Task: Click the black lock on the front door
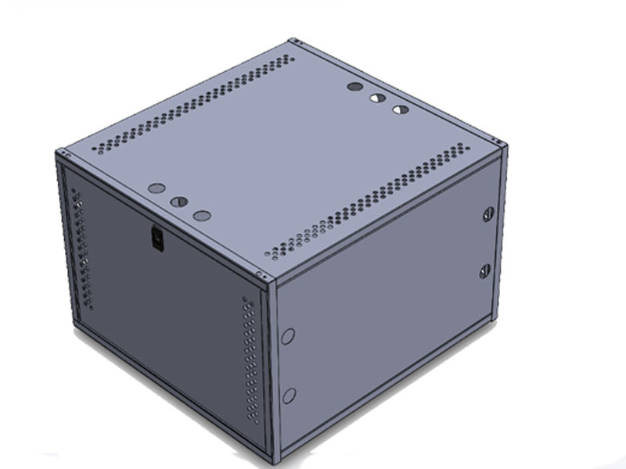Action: (157, 238)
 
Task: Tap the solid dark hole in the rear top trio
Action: (354, 88)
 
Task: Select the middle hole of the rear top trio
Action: (377, 98)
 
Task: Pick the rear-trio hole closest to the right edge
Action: (401, 109)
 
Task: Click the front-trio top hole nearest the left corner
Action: (156, 188)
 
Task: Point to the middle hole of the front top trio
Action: (179, 201)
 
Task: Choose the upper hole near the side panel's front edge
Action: (288, 337)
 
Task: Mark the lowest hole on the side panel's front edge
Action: (288, 395)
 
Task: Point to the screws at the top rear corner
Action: (293, 41)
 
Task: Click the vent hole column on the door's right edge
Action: (250, 360)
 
